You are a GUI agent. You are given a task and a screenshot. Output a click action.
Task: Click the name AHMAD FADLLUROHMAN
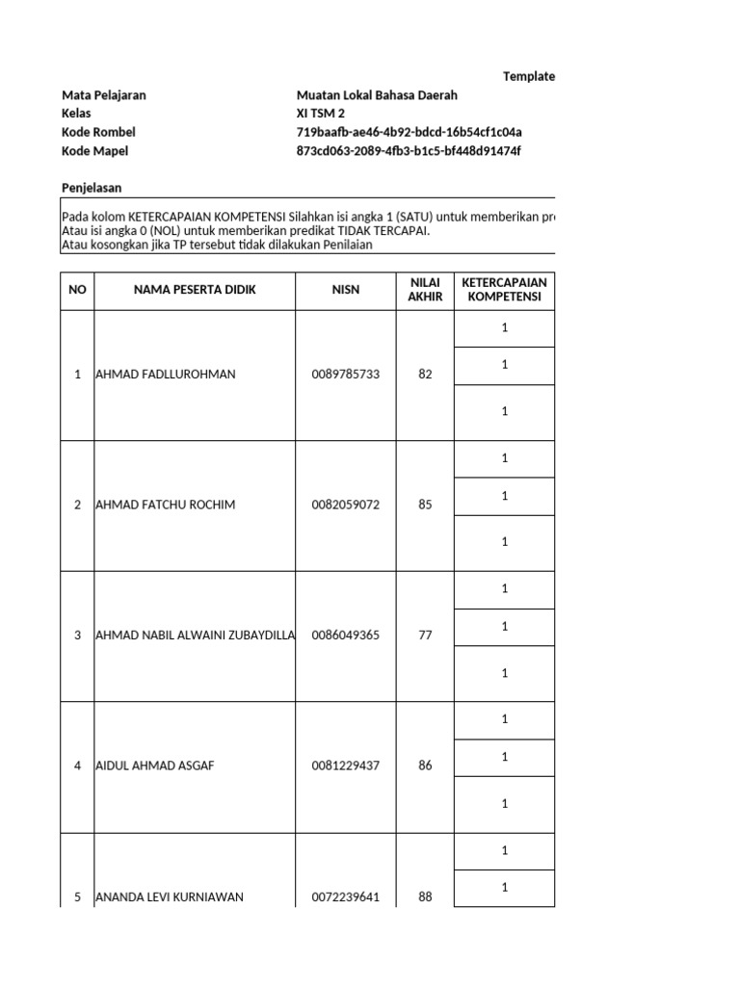point(165,375)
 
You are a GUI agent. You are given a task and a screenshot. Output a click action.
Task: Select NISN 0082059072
point(346,506)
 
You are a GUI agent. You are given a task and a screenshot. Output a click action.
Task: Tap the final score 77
point(425,636)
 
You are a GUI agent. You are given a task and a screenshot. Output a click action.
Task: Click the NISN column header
point(346,290)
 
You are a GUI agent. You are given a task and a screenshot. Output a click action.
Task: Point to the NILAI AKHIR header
point(425,290)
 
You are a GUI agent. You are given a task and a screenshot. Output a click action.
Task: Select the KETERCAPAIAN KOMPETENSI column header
point(504,290)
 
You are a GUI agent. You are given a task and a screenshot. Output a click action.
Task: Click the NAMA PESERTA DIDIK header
point(195,290)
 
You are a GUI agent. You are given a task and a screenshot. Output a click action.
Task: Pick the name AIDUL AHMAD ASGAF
point(154,766)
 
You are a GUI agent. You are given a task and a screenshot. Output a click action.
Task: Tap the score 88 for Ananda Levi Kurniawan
point(425,897)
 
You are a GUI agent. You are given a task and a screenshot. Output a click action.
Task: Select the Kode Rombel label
point(98,132)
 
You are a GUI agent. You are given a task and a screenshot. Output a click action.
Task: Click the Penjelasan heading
point(92,188)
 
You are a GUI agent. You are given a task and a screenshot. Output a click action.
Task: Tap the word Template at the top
point(528,77)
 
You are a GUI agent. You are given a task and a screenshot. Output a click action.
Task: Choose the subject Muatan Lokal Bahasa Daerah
point(377,95)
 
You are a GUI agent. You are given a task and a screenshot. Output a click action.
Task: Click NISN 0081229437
point(346,766)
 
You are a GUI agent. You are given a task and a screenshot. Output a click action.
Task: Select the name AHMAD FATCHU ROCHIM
point(165,506)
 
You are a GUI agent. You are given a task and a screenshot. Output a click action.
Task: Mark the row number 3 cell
point(77,636)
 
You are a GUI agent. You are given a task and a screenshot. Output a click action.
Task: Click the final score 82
point(425,375)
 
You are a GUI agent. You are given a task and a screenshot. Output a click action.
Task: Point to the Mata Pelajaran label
point(103,95)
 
